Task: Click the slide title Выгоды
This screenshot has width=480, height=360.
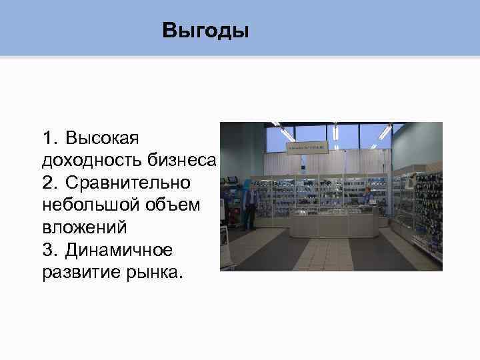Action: click(x=205, y=31)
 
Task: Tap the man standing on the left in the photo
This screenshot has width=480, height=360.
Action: click(x=249, y=207)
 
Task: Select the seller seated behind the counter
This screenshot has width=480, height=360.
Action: click(x=367, y=198)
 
